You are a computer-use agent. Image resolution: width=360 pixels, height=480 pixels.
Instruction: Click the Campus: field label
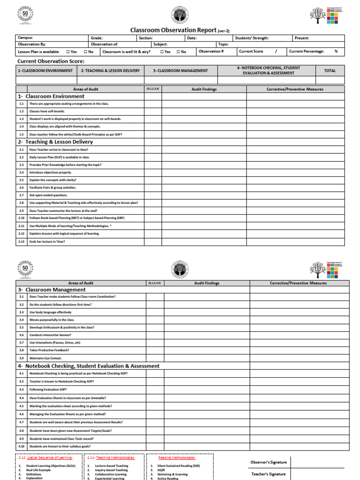pos(25,38)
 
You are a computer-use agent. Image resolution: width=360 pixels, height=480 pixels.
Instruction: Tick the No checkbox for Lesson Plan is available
pos(86,52)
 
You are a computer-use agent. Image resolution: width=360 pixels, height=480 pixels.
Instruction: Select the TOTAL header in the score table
pos(330,71)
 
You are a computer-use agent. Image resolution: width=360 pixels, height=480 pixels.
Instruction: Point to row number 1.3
pos(21,119)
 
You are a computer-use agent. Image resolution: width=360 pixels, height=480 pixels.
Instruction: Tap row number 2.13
pos(21,241)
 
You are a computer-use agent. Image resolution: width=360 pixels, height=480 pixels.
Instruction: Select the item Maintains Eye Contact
pos(45,358)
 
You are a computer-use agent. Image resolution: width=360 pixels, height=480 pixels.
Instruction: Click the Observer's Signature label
pos(269,463)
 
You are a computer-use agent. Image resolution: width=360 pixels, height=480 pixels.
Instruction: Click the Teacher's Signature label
pos(269,474)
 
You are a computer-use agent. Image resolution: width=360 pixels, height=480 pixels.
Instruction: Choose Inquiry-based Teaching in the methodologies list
pos(111,470)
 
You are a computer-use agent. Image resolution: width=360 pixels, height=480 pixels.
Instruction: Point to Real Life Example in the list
pos(38,470)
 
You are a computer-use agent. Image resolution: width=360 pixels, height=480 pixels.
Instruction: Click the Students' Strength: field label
pos(252,38)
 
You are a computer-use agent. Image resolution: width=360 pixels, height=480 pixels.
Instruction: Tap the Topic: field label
pos(224,45)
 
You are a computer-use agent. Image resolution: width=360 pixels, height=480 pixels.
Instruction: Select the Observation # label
pos(211,51)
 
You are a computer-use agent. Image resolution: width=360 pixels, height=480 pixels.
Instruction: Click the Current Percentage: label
pos(306,52)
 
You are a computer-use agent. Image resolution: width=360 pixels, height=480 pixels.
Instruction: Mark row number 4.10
pos(22,446)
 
